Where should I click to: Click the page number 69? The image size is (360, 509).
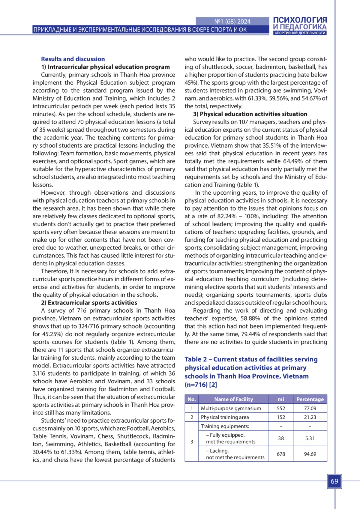pyautogui.click(x=334, y=481)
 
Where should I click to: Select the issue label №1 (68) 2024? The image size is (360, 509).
pyautogui.click(x=232, y=21)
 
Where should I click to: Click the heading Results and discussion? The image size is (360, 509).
pyautogui.click(x=73, y=59)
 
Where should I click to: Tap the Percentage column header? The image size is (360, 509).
pyautogui.click(x=310, y=399)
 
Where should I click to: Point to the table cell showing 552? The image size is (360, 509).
pyautogui.click(x=281, y=408)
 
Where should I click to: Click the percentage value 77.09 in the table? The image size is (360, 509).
pyautogui.click(x=310, y=408)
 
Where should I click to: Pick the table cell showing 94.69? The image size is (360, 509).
pyautogui.click(x=310, y=454)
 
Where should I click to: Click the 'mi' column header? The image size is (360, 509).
pyautogui.click(x=281, y=399)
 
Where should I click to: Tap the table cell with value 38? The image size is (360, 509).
pyautogui.click(x=281, y=438)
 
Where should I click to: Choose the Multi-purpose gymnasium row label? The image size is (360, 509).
pyautogui.click(x=231, y=408)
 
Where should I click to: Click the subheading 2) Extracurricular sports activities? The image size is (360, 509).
pyautogui.click(x=89, y=303)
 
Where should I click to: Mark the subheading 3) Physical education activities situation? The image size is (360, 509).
pyautogui.click(x=250, y=114)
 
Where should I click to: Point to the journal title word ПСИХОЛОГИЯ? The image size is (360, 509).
pyautogui.click(x=300, y=20)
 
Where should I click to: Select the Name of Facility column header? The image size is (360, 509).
pyautogui.click(x=233, y=399)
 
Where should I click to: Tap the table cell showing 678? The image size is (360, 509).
pyautogui.click(x=281, y=454)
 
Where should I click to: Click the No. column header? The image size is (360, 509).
pyautogui.click(x=192, y=399)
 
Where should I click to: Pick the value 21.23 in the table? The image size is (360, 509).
pyautogui.click(x=310, y=417)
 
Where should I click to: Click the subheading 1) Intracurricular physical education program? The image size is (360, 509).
pyautogui.click(x=105, y=67)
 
